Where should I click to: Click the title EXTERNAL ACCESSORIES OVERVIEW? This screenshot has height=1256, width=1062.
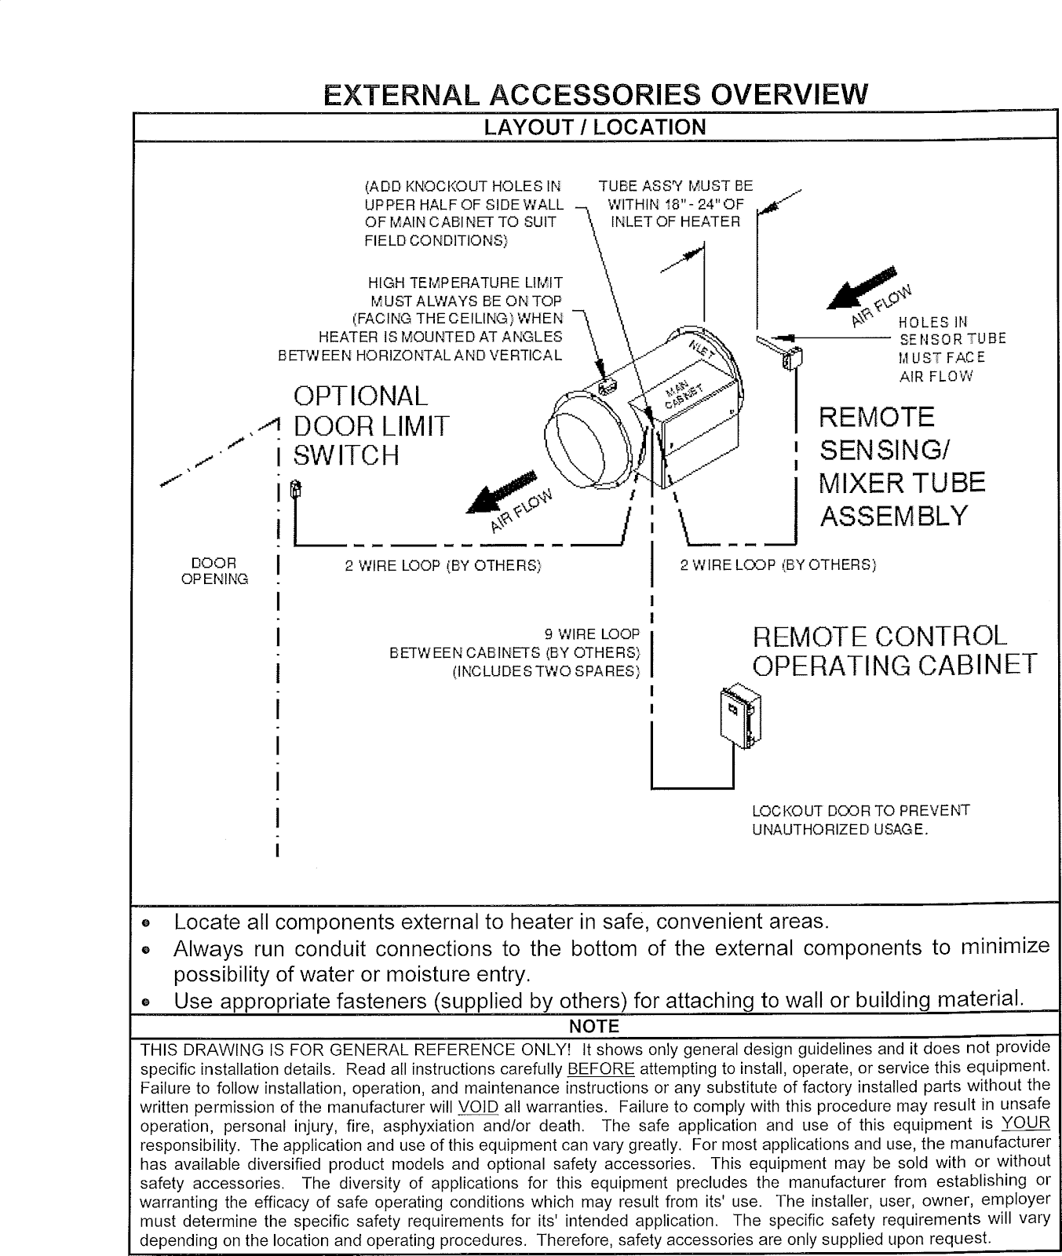(596, 95)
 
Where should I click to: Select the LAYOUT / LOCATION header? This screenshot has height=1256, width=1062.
(595, 127)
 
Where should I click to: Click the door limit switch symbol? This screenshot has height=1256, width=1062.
(295, 488)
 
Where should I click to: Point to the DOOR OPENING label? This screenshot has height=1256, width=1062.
(214, 571)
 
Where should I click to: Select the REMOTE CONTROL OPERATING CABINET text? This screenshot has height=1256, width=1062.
(893, 650)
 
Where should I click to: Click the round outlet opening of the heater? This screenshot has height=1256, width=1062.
(580, 448)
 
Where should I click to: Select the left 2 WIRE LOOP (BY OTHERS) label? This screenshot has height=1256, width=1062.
(443, 565)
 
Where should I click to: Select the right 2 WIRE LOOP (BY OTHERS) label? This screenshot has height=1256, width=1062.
(777, 565)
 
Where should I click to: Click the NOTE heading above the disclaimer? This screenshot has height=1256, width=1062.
(594, 1027)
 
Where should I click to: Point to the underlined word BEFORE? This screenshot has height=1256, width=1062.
(600, 1068)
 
